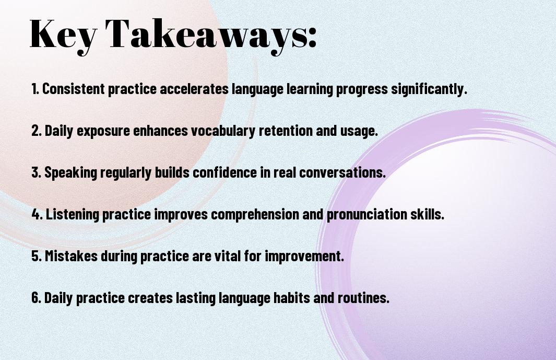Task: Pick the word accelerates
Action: pyautogui.click(x=194, y=89)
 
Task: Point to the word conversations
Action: pyautogui.click(x=342, y=172)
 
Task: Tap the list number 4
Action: pyautogui.click(x=37, y=214)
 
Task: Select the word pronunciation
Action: pyautogui.click(x=366, y=215)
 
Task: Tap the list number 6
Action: pyautogui.click(x=37, y=297)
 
